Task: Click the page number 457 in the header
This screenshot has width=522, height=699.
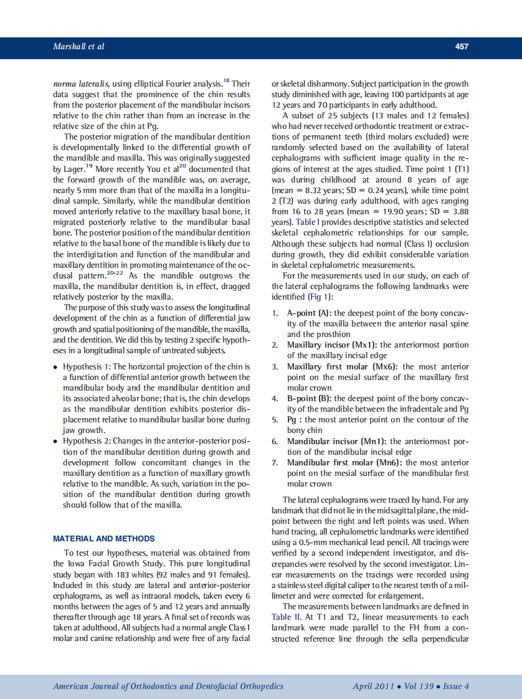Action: point(462,46)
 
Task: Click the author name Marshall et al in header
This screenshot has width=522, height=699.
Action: point(78,46)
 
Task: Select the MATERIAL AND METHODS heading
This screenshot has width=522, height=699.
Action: point(104,538)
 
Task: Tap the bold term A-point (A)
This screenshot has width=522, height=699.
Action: point(310,313)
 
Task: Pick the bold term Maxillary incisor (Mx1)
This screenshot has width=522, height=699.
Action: point(332,345)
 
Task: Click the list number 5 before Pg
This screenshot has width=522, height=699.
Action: point(275,419)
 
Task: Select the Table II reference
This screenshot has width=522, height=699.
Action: point(286,617)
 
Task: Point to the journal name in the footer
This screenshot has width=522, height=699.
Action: point(168,686)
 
